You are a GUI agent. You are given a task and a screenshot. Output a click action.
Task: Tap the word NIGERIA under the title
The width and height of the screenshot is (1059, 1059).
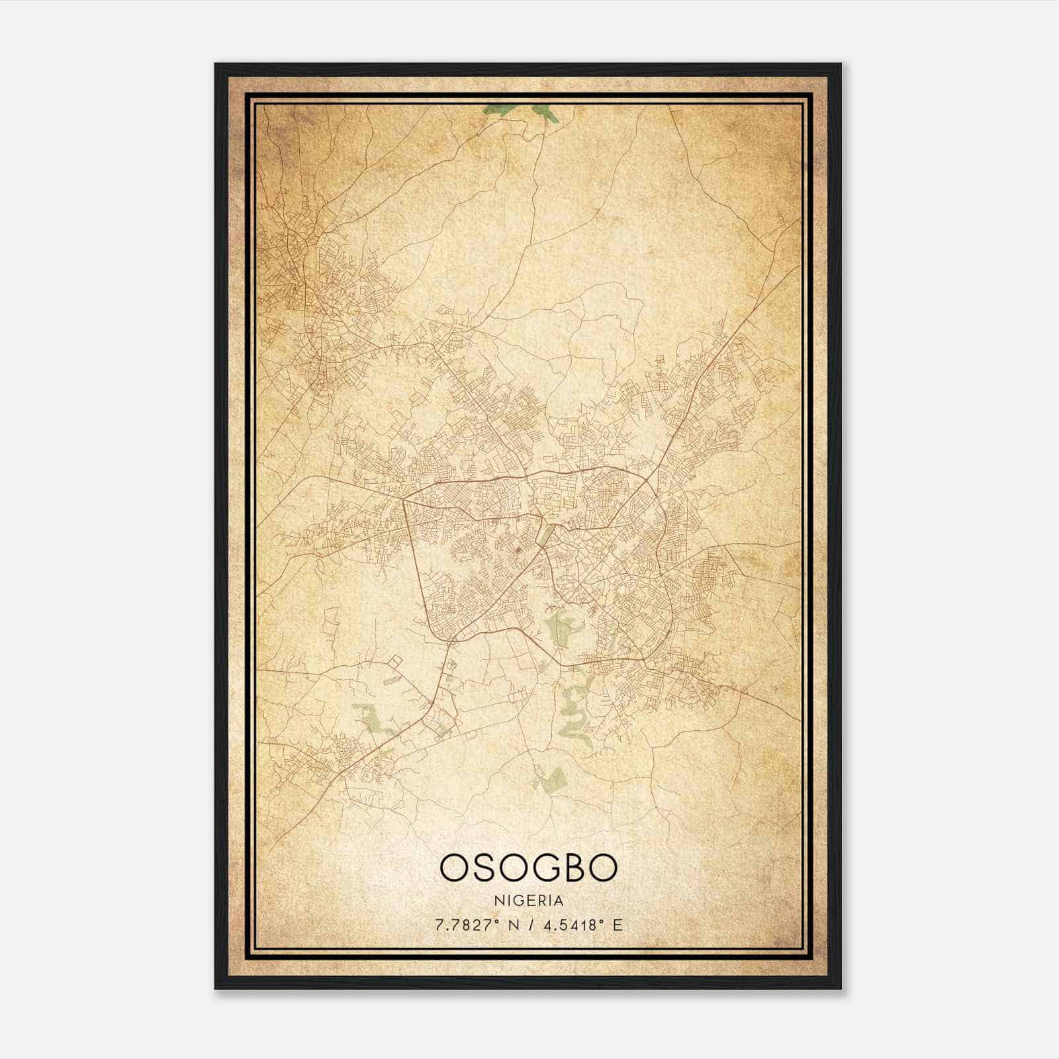529,901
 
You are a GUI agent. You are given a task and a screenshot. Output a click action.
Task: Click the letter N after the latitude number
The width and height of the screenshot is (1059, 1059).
514,925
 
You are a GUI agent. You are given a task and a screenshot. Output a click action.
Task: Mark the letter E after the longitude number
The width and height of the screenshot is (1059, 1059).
618,925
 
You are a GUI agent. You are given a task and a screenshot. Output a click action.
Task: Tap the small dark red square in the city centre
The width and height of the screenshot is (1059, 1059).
518,549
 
